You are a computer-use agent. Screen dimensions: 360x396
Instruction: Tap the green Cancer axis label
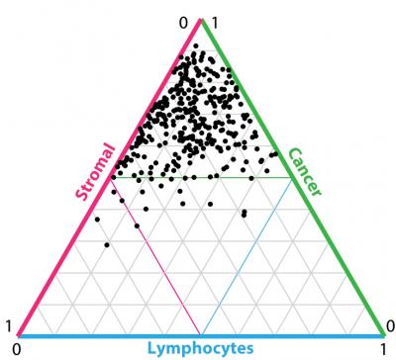tap(304, 172)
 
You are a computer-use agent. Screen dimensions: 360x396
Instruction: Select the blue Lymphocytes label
tap(201, 348)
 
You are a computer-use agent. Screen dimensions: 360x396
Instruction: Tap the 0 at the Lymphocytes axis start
tap(13, 349)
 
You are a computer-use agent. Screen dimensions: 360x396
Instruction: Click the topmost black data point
tap(196, 45)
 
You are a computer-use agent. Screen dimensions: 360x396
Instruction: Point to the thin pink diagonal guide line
tap(158, 257)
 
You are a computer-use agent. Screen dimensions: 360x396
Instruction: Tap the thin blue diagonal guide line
tap(247, 257)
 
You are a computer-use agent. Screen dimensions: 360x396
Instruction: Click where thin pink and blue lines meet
tap(201, 334)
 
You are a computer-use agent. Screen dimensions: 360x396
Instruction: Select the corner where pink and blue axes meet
tap(18, 336)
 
